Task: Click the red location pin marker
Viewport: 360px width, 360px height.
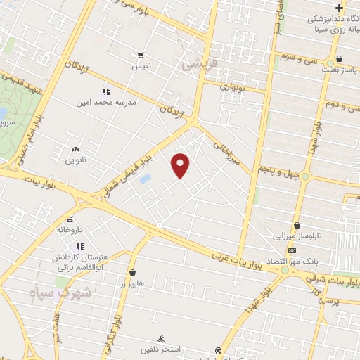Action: click(181, 165)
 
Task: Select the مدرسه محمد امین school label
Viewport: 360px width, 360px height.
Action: click(106, 102)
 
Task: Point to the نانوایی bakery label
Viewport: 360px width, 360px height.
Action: click(75, 160)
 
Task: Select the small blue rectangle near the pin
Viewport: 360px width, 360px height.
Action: click(145, 179)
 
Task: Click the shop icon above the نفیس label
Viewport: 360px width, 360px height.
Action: click(141, 56)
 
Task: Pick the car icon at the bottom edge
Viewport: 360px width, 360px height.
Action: click(218, 350)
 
